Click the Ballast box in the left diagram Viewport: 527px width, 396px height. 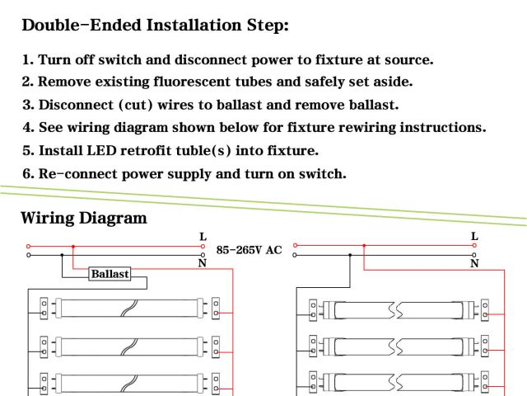coord(110,274)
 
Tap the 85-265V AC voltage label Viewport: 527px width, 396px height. coord(249,249)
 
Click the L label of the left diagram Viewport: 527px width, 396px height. coord(203,237)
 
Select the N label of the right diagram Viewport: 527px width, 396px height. coord(474,264)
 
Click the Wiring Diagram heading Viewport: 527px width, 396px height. coord(83,219)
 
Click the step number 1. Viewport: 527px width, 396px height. coord(26,60)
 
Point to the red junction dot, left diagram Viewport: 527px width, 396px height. coord(74,246)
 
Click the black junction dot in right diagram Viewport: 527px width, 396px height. coord(350,255)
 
